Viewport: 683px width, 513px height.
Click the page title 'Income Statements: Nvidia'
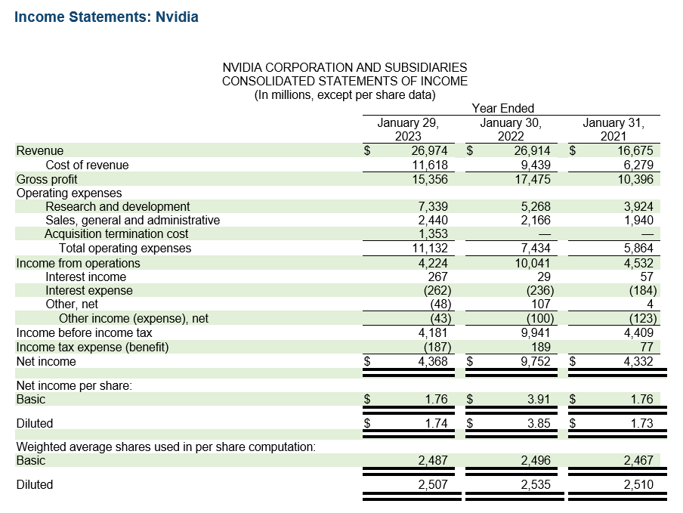(x=107, y=17)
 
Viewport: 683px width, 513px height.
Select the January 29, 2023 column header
(x=408, y=129)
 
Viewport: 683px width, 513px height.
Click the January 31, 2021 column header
(x=613, y=129)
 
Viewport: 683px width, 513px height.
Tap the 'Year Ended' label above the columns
(x=502, y=108)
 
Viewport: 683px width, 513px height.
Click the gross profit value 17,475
(x=532, y=179)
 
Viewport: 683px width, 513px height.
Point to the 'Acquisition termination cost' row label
(x=116, y=234)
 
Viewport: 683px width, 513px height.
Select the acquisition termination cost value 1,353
(x=432, y=234)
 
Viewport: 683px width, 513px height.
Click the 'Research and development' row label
(x=117, y=206)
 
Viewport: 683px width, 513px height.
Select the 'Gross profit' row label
(x=47, y=179)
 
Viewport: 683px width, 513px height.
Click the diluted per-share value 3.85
(x=539, y=423)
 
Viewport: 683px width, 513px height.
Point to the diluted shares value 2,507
(x=432, y=484)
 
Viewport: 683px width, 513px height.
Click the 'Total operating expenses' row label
(x=125, y=249)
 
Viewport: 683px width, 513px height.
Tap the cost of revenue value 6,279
(x=638, y=165)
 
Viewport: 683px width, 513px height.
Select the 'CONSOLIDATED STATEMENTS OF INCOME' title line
(x=345, y=81)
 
